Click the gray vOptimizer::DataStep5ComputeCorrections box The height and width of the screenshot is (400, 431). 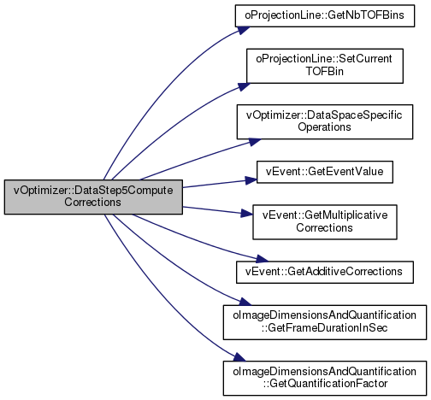coord(93,197)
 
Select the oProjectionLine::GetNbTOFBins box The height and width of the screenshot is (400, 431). coord(325,16)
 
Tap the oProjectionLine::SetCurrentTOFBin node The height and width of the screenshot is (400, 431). coord(325,66)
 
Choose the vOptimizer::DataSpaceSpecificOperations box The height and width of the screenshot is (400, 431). coord(325,122)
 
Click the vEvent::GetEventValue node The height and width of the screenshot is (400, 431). coord(325,172)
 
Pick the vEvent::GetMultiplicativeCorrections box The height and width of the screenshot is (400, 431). coord(325,222)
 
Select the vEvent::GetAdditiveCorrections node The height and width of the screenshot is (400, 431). coord(325,273)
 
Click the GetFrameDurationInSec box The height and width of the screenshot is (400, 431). coord(325,322)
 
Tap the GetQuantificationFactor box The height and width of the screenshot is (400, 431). coord(325,379)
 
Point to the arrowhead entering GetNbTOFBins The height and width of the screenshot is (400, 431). coord(243,30)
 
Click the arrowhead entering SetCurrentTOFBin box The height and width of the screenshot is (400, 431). coord(244,86)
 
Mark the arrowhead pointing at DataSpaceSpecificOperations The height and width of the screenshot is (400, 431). coord(254,142)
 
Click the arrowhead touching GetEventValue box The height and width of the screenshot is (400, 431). coord(251,180)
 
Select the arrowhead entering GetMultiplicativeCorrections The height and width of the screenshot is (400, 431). coord(247,214)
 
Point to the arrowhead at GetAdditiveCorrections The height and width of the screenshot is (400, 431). coord(262,259)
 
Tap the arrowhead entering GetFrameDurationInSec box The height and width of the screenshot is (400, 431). coord(245,302)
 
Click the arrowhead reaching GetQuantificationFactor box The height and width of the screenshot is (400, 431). coord(239,357)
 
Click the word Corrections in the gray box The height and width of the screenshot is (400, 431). coord(92,203)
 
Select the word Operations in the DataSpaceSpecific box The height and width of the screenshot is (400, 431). coord(324,127)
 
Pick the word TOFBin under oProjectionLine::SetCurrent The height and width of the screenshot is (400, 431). coord(325,71)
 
